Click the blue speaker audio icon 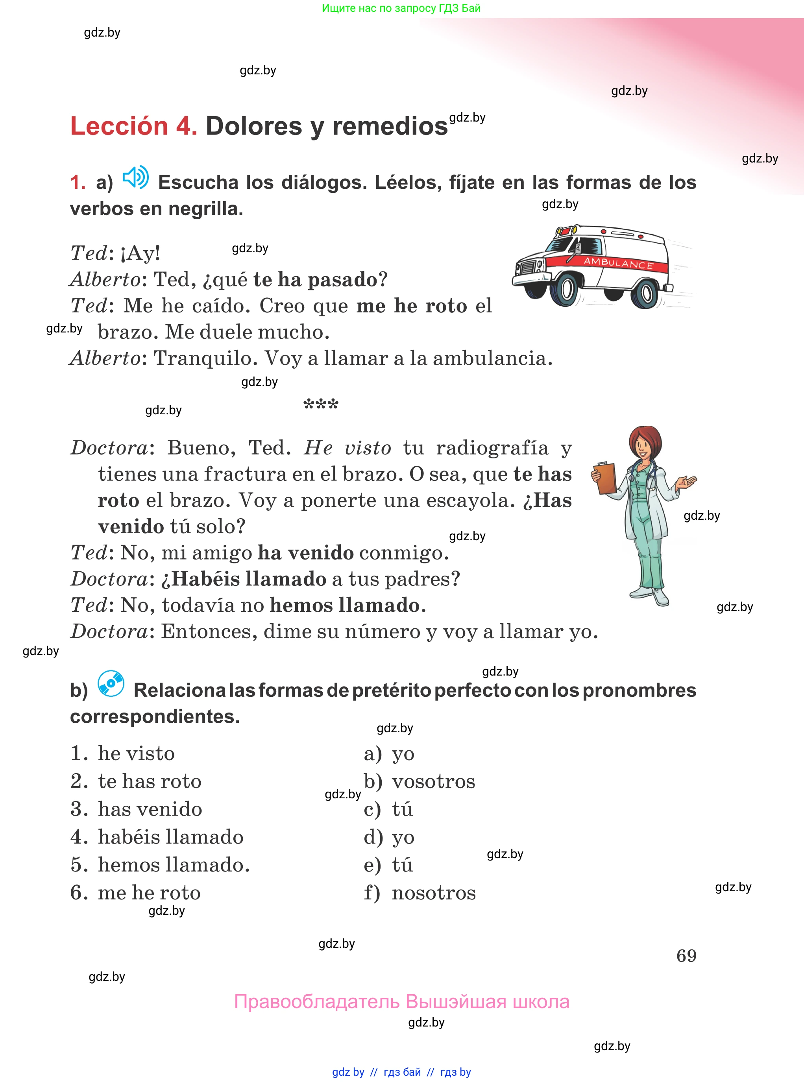pos(135,177)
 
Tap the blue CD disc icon pos(111,683)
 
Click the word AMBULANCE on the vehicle pos(618,263)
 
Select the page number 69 pos(686,956)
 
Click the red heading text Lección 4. pos(133,126)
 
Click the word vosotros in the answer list pos(433,781)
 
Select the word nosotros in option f pos(434,893)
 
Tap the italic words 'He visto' pos(347,448)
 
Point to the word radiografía pos(492,448)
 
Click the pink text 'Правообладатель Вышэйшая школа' pos(401,1001)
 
